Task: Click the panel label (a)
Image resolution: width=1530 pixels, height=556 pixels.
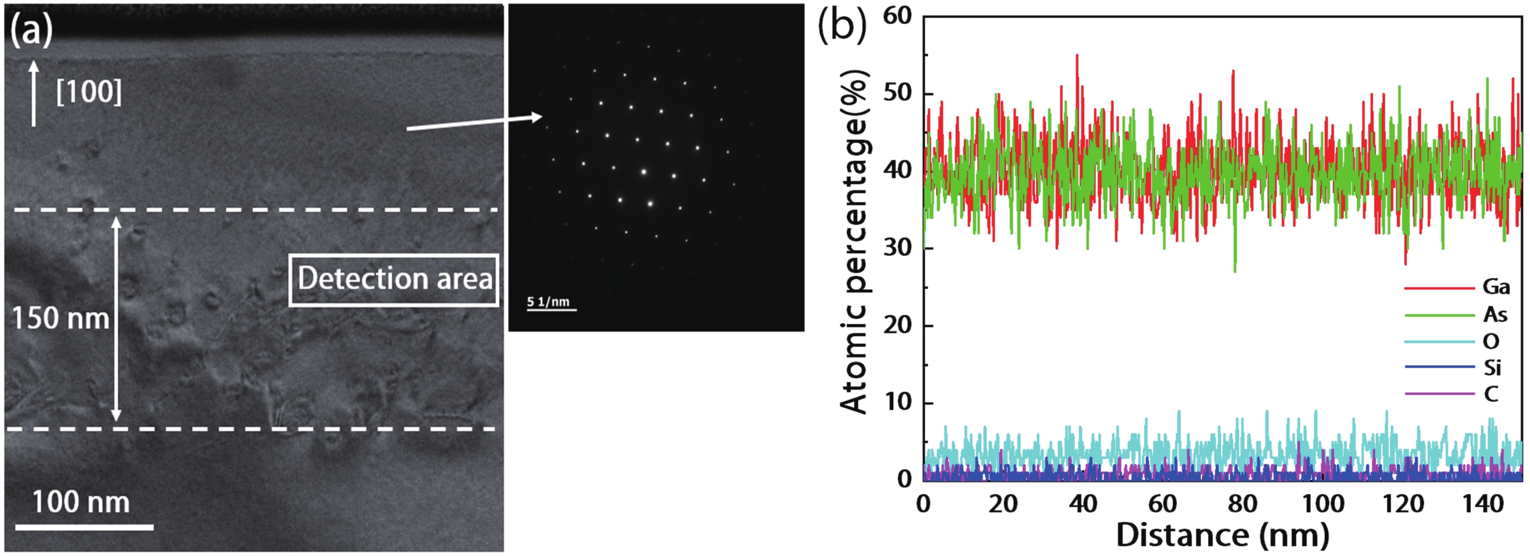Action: tap(32, 29)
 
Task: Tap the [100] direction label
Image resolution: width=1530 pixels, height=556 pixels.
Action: tap(88, 92)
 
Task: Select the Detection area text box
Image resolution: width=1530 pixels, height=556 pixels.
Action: tap(394, 280)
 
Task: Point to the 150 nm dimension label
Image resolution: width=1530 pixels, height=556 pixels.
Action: tap(61, 318)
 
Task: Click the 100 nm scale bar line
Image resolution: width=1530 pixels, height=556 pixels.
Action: tap(84, 527)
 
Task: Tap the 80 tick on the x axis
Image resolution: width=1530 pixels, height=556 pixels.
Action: tap(1243, 504)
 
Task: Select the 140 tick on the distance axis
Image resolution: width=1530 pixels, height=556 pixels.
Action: tap(1483, 504)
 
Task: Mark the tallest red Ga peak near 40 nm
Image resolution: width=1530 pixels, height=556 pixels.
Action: tap(1077, 55)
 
